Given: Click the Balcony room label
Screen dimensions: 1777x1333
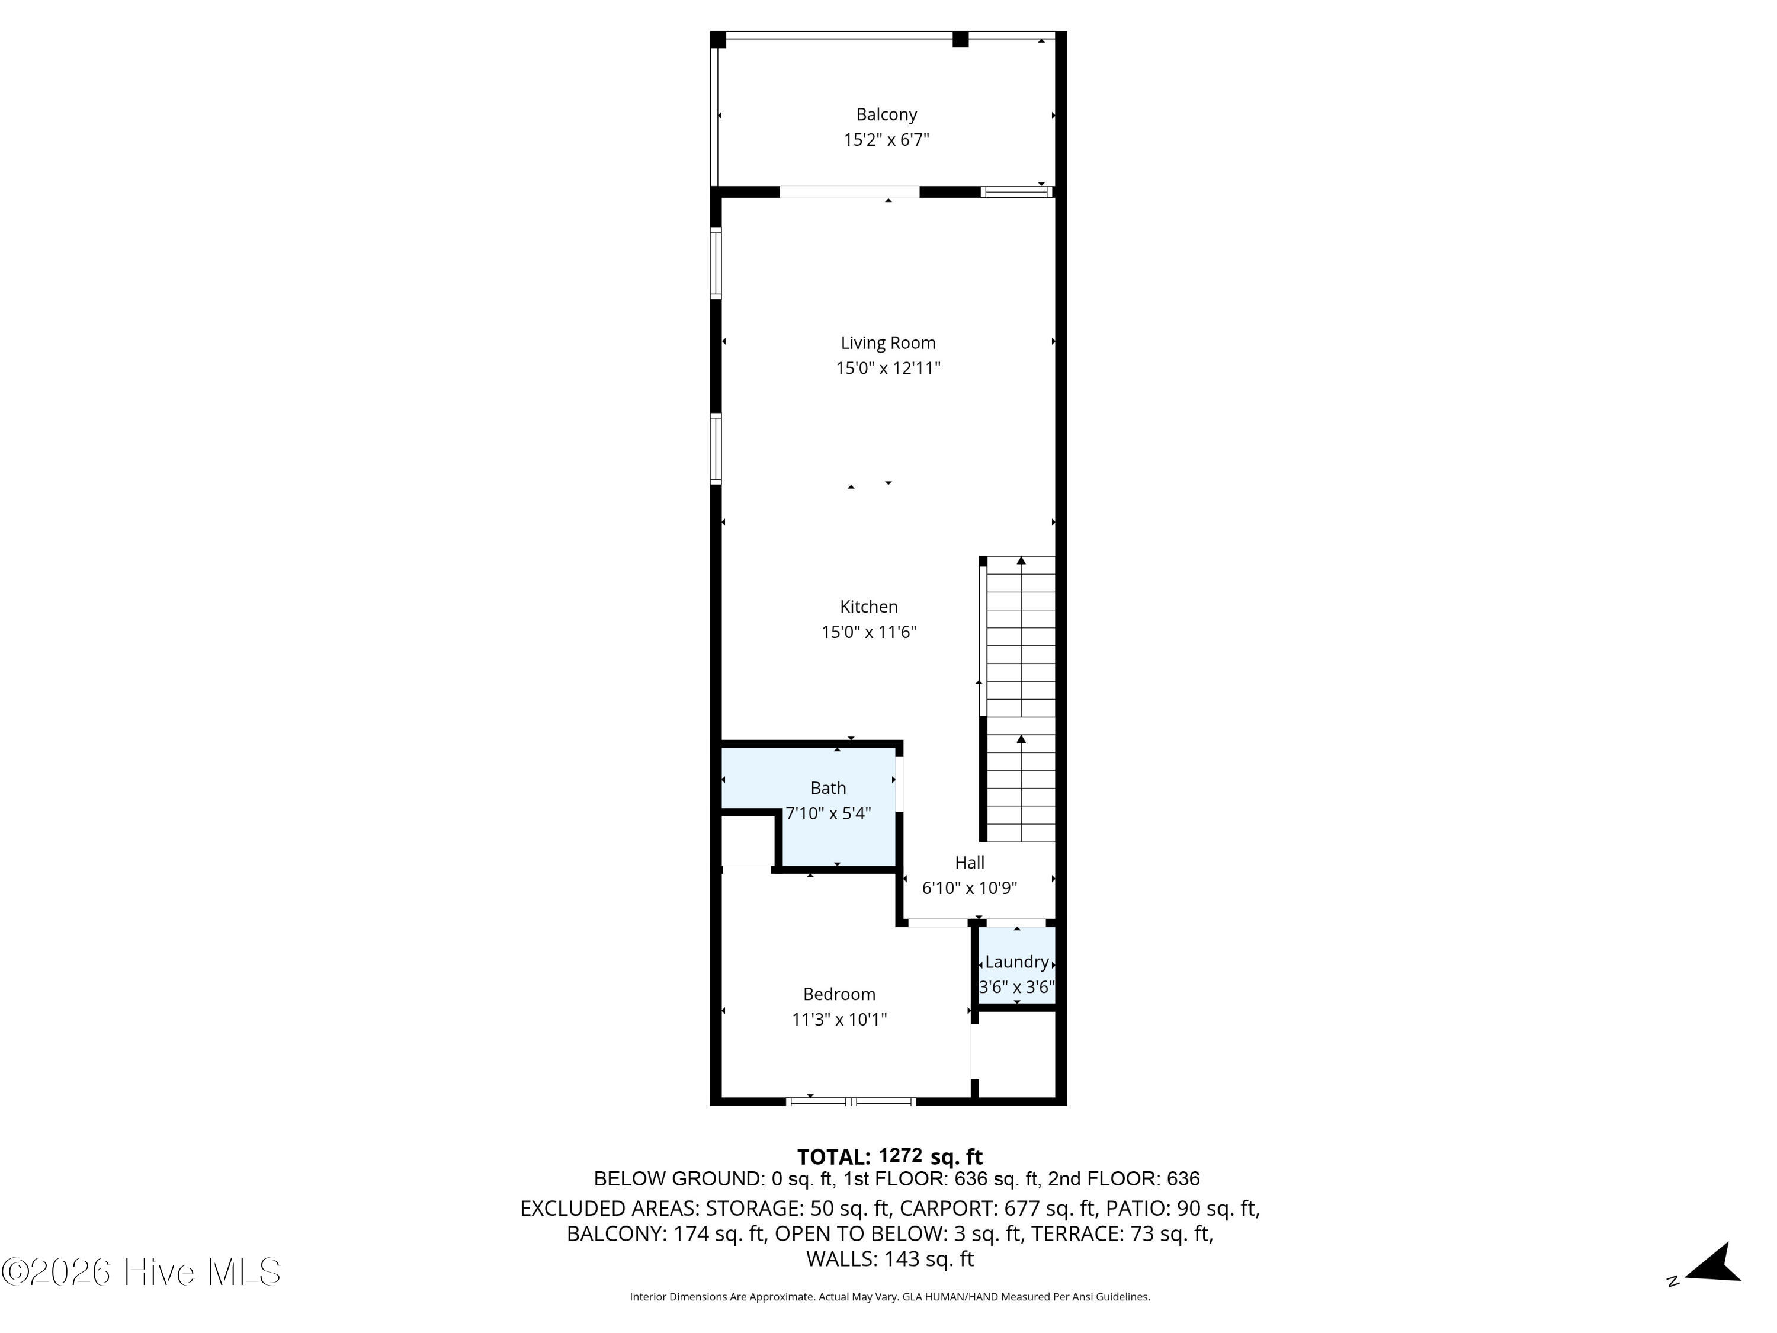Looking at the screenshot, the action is click(886, 115).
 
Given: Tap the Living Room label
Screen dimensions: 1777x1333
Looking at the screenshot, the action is click(888, 343).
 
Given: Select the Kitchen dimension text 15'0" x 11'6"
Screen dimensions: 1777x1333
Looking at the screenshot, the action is click(868, 632).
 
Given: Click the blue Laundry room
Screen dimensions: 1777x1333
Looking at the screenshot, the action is click(1016, 965).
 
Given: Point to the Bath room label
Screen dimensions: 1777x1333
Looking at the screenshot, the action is click(827, 788).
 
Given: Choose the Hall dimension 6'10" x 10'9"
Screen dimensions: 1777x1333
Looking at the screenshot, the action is click(969, 888).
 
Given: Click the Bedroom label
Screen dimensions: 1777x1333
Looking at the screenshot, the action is click(839, 994).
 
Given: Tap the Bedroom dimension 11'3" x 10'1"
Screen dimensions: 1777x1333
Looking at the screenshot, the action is click(839, 1020).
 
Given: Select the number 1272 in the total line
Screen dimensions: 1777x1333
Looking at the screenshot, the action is click(900, 1155).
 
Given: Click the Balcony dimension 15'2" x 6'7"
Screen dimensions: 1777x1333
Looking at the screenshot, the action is click(886, 140).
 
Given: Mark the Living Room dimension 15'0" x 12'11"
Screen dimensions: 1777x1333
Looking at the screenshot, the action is click(888, 368).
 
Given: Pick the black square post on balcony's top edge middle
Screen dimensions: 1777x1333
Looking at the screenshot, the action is click(960, 39).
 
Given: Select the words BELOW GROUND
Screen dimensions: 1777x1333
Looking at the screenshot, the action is click(676, 1179).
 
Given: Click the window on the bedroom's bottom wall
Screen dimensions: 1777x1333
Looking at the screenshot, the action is click(850, 1101).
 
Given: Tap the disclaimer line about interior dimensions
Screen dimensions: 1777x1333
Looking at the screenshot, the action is click(889, 1297).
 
